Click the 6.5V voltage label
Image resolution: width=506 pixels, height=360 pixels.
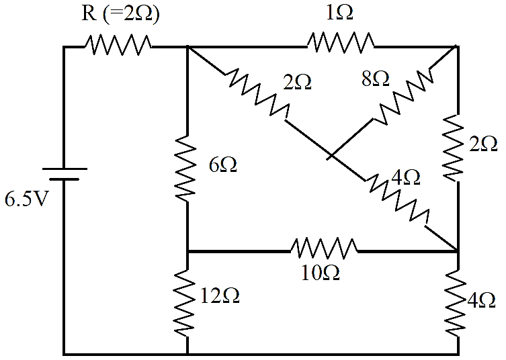pyautogui.click(x=26, y=199)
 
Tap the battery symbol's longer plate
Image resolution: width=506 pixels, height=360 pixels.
pyautogui.click(x=65, y=169)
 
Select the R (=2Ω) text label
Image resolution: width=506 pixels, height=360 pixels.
pyautogui.click(x=120, y=15)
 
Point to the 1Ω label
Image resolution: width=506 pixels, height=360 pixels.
pyautogui.click(x=339, y=13)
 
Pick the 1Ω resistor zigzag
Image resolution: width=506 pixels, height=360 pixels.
pyautogui.click(x=341, y=42)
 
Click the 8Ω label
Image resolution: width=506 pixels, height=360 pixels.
pyautogui.click(x=376, y=79)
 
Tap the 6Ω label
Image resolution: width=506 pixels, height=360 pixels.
pyautogui.click(x=222, y=165)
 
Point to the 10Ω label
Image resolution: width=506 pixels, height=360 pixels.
pyautogui.click(x=320, y=273)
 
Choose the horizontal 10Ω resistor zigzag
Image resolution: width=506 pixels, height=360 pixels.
pyautogui.click(x=325, y=248)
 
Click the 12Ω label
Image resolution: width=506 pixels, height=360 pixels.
pyautogui.click(x=220, y=296)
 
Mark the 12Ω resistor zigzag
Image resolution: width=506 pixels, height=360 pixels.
pyautogui.click(x=185, y=303)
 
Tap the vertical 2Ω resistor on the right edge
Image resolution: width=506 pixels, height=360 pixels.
pyautogui.click(x=454, y=148)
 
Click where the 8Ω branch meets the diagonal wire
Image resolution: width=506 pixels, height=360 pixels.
pyautogui.click(x=331, y=156)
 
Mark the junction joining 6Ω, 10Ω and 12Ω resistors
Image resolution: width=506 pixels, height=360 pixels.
pyautogui.click(x=187, y=251)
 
